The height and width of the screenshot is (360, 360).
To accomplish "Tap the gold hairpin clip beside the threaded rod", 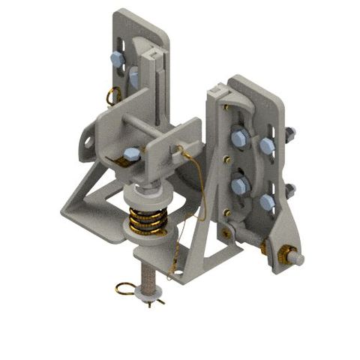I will click(x=128, y=287).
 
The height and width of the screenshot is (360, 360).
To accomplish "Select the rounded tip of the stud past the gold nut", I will click(x=299, y=258).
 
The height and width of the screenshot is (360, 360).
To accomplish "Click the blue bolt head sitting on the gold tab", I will click(x=130, y=154).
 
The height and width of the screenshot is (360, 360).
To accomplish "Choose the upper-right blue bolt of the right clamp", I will click(x=266, y=146).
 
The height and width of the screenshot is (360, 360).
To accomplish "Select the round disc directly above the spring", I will click(x=154, y=196).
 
